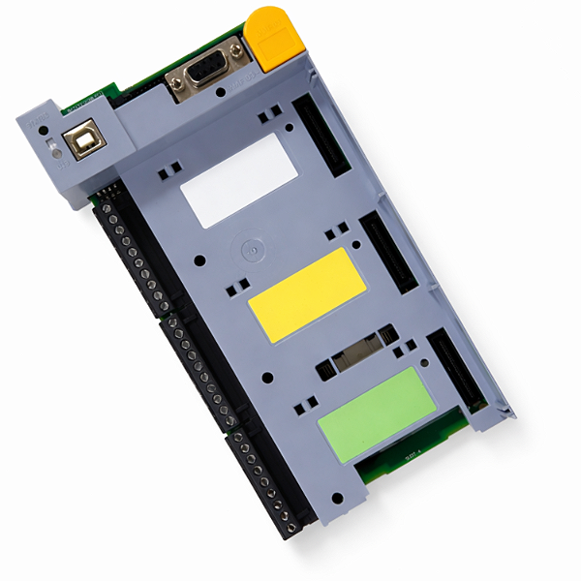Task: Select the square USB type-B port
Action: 86,140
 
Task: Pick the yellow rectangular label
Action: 307,293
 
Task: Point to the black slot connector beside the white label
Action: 322,135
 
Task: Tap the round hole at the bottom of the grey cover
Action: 337,499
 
